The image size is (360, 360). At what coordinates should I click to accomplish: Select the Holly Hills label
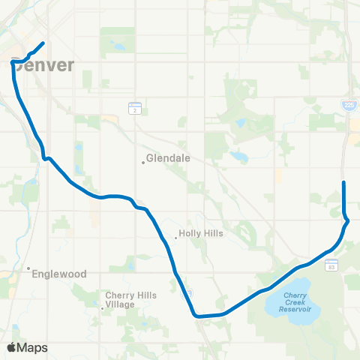202,234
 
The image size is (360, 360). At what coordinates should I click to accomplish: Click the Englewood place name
59,274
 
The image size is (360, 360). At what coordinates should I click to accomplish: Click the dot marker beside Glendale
142,161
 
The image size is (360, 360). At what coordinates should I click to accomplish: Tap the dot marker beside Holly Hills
176,237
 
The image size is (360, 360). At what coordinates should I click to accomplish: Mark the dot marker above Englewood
28,268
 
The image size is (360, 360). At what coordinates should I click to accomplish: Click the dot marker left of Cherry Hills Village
103,307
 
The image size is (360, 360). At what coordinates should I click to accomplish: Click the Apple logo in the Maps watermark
12,347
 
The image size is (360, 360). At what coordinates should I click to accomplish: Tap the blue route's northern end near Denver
43,43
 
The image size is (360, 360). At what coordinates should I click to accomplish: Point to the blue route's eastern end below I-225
343,182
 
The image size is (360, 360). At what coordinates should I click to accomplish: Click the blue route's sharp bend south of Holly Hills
195,316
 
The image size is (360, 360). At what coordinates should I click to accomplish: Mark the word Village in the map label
121,304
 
